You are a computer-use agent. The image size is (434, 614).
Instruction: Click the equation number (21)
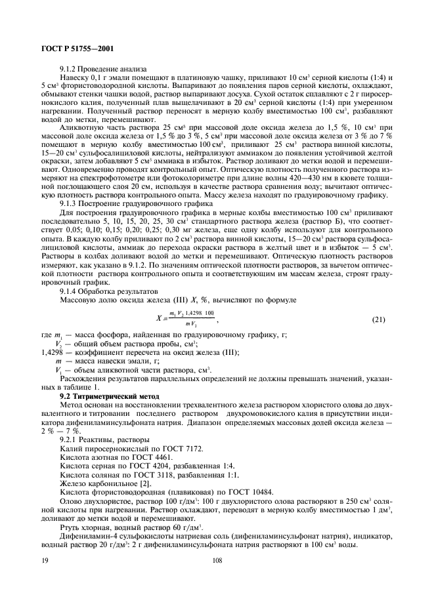[x=378, y=319]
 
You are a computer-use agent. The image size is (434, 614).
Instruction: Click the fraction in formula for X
[x=190, y=319]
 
